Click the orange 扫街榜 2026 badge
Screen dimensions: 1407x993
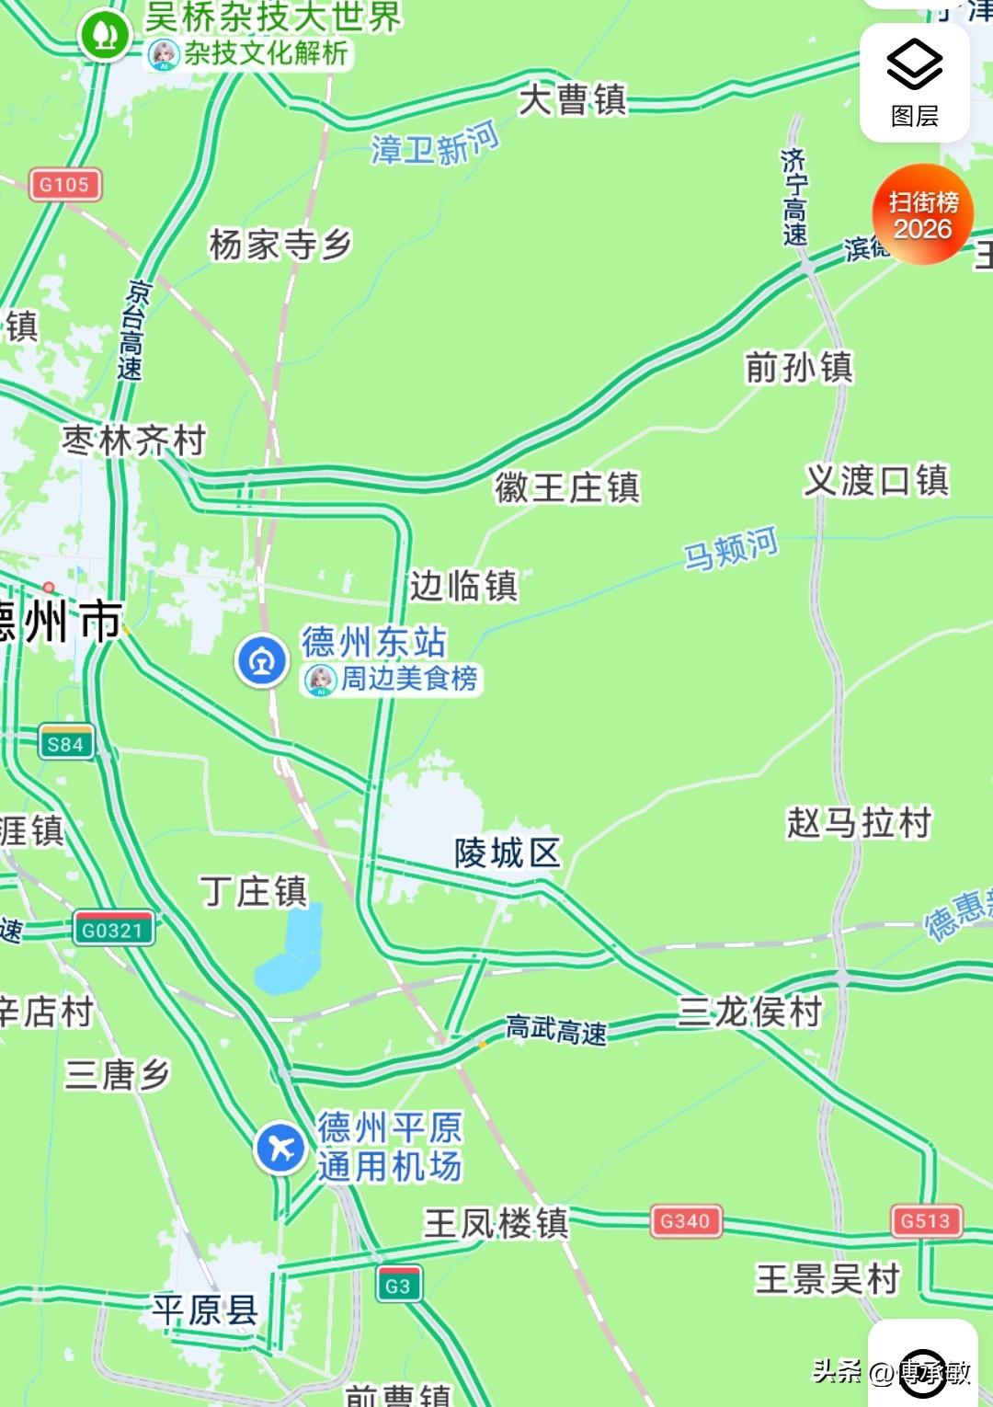tap(922, 215)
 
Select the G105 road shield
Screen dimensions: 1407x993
tap(64, 185)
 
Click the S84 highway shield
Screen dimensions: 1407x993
tap(66, 743)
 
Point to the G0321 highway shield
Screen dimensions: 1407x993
tap(113, 929)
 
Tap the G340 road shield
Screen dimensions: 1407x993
tap(686, 1221)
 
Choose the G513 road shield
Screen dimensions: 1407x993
tap(926, 1221)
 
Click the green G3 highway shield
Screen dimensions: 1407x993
tap(398, 1286)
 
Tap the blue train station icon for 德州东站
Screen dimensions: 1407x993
tap(262, 660)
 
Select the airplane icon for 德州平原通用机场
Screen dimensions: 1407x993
tap(280, 1148)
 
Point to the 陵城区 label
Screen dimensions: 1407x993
tap(507, 853)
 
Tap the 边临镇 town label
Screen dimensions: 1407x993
tap(463, 586)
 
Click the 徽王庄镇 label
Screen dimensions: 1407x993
tap(566, 487)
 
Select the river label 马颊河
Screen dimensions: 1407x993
tap(731, 549)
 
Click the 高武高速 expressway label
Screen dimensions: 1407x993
tap(557, 1030)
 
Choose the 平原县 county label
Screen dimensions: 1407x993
tap(205, 1310)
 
